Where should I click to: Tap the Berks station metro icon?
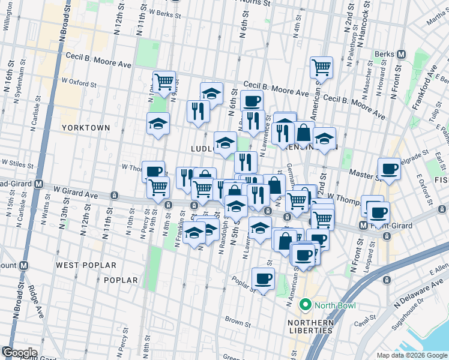(402, 54)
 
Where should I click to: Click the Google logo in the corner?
(19, 353)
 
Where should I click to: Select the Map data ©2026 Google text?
(412, 355)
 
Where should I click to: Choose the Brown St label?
(237, 322)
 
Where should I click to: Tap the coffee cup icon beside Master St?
(390, 169)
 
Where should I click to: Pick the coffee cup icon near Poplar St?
(263, 279)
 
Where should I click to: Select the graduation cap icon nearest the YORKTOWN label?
(158, 124)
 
